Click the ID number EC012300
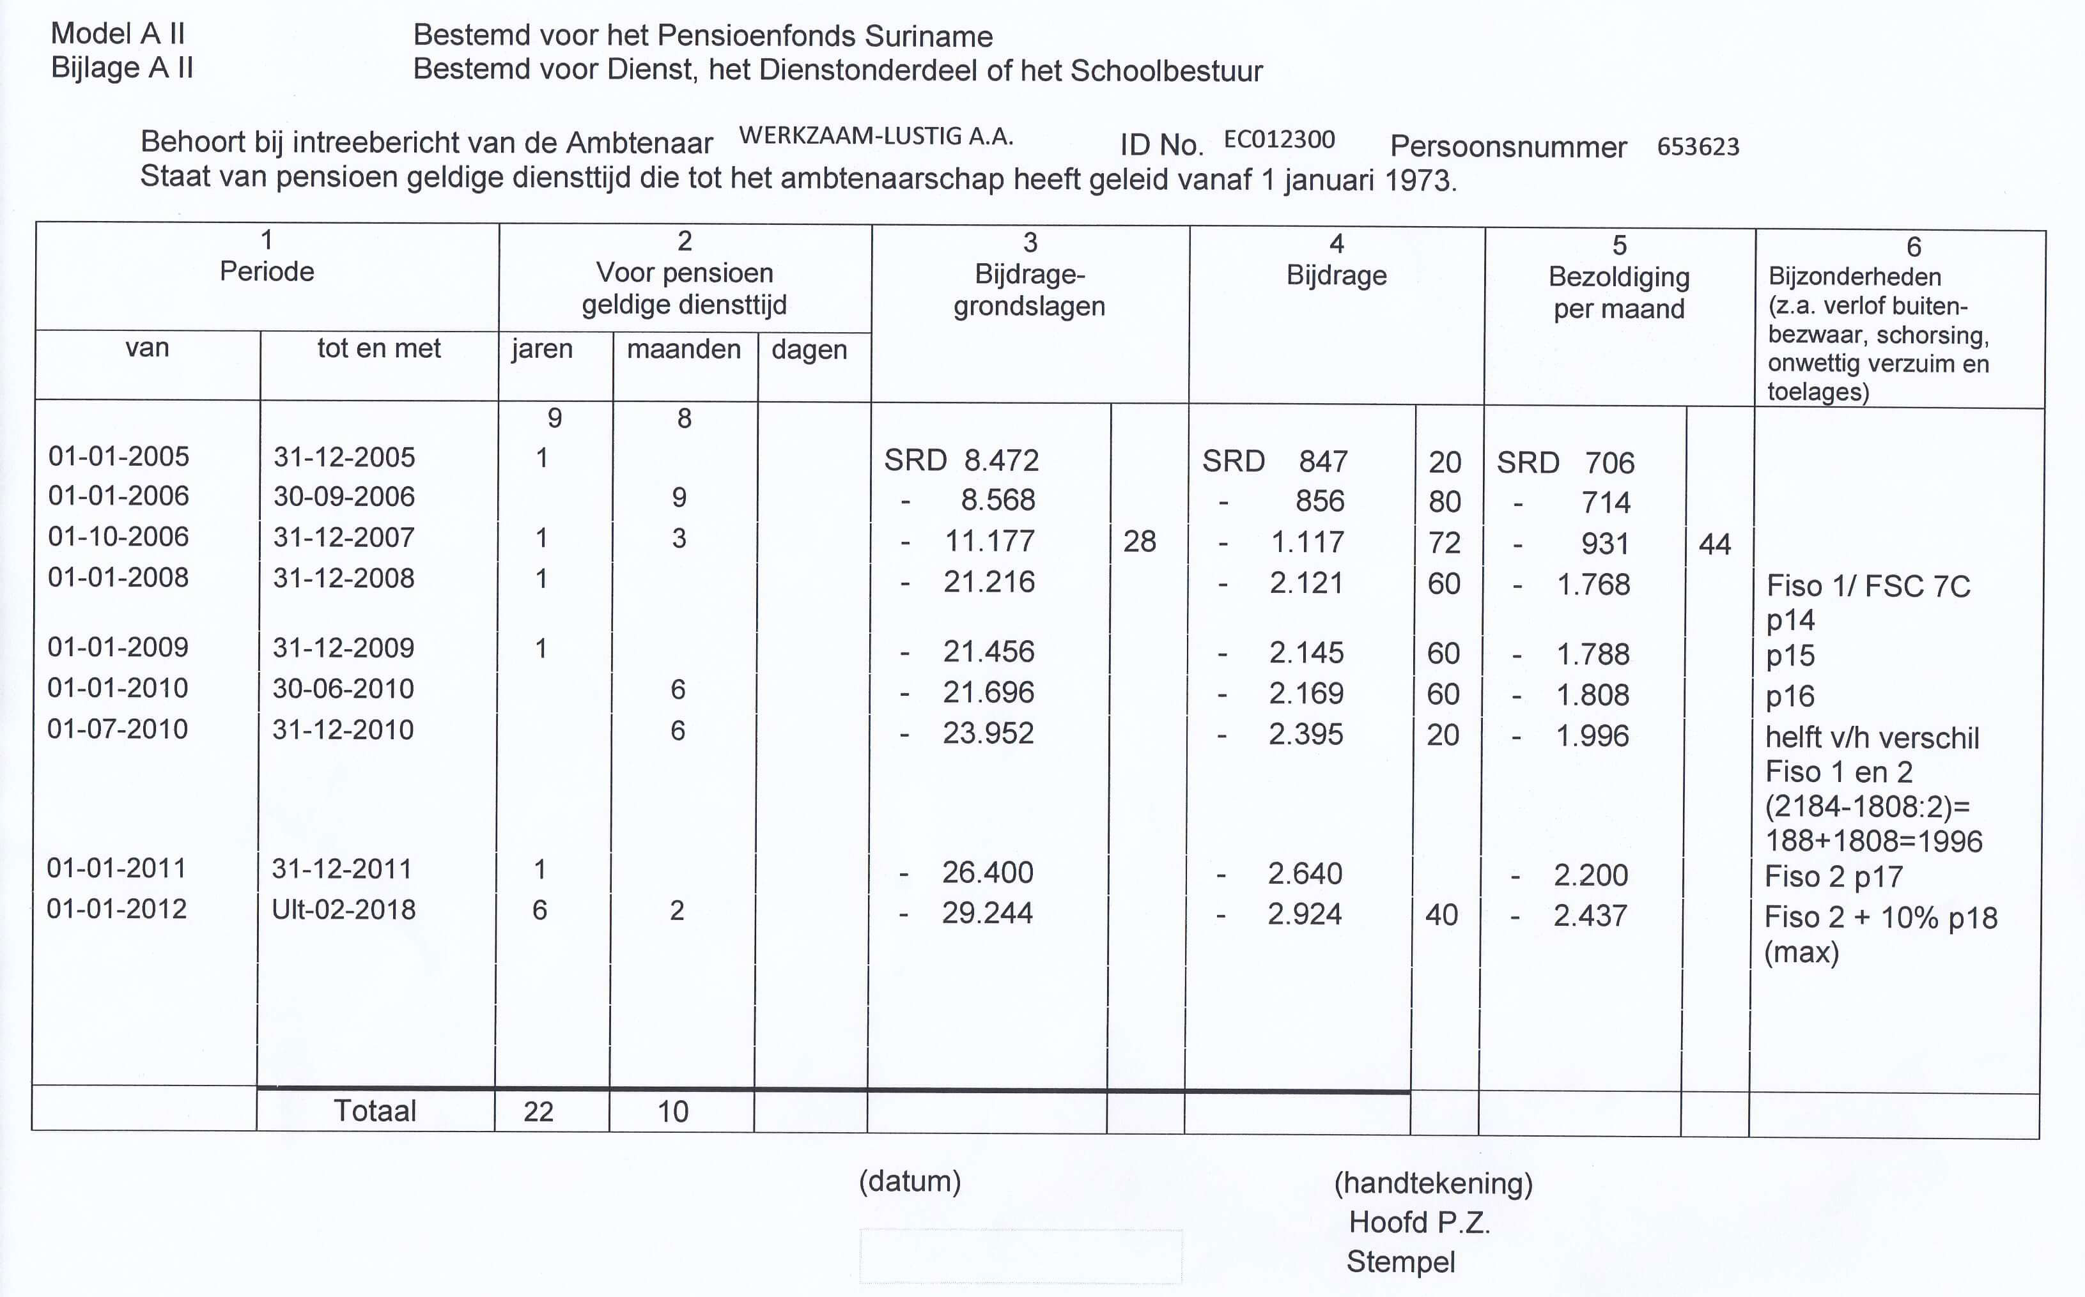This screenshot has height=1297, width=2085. pyautogui.click(x=1278, y=139)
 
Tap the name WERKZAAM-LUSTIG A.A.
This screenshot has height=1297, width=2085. pyautogui.click(x=876, y=135)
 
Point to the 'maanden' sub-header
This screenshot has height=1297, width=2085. pyautogui.click(x=684, y=349)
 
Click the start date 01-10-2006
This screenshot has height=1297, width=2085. pyautogui.click(x=118, y=536)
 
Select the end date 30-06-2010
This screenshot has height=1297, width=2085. pyautogui.click(x=343, y=688)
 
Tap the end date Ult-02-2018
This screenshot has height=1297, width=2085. pyautogui.click(x=343, y=909)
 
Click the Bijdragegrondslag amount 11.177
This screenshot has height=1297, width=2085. pyautogui.click(x=989, y=541)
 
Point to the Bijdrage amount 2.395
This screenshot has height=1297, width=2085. pyautogui.click(x=1305, y=734)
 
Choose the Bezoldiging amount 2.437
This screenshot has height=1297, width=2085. pyautogui.click(x=1590, y=916)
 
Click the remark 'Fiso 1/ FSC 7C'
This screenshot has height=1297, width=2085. pyautogui.click(x=1868, y=586)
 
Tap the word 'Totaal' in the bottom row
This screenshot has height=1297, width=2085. pyautogui.click(x=375, y=1111)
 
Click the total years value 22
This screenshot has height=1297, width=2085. pyautogui.click(x=538, y=1112)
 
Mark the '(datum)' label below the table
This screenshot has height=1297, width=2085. pyautogui.click(x=910, y=1181)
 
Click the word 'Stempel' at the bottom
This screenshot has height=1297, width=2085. pyautogui.click(x=1400, y=1262)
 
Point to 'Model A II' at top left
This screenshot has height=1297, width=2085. pyautogui.click(x=118, y=33)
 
